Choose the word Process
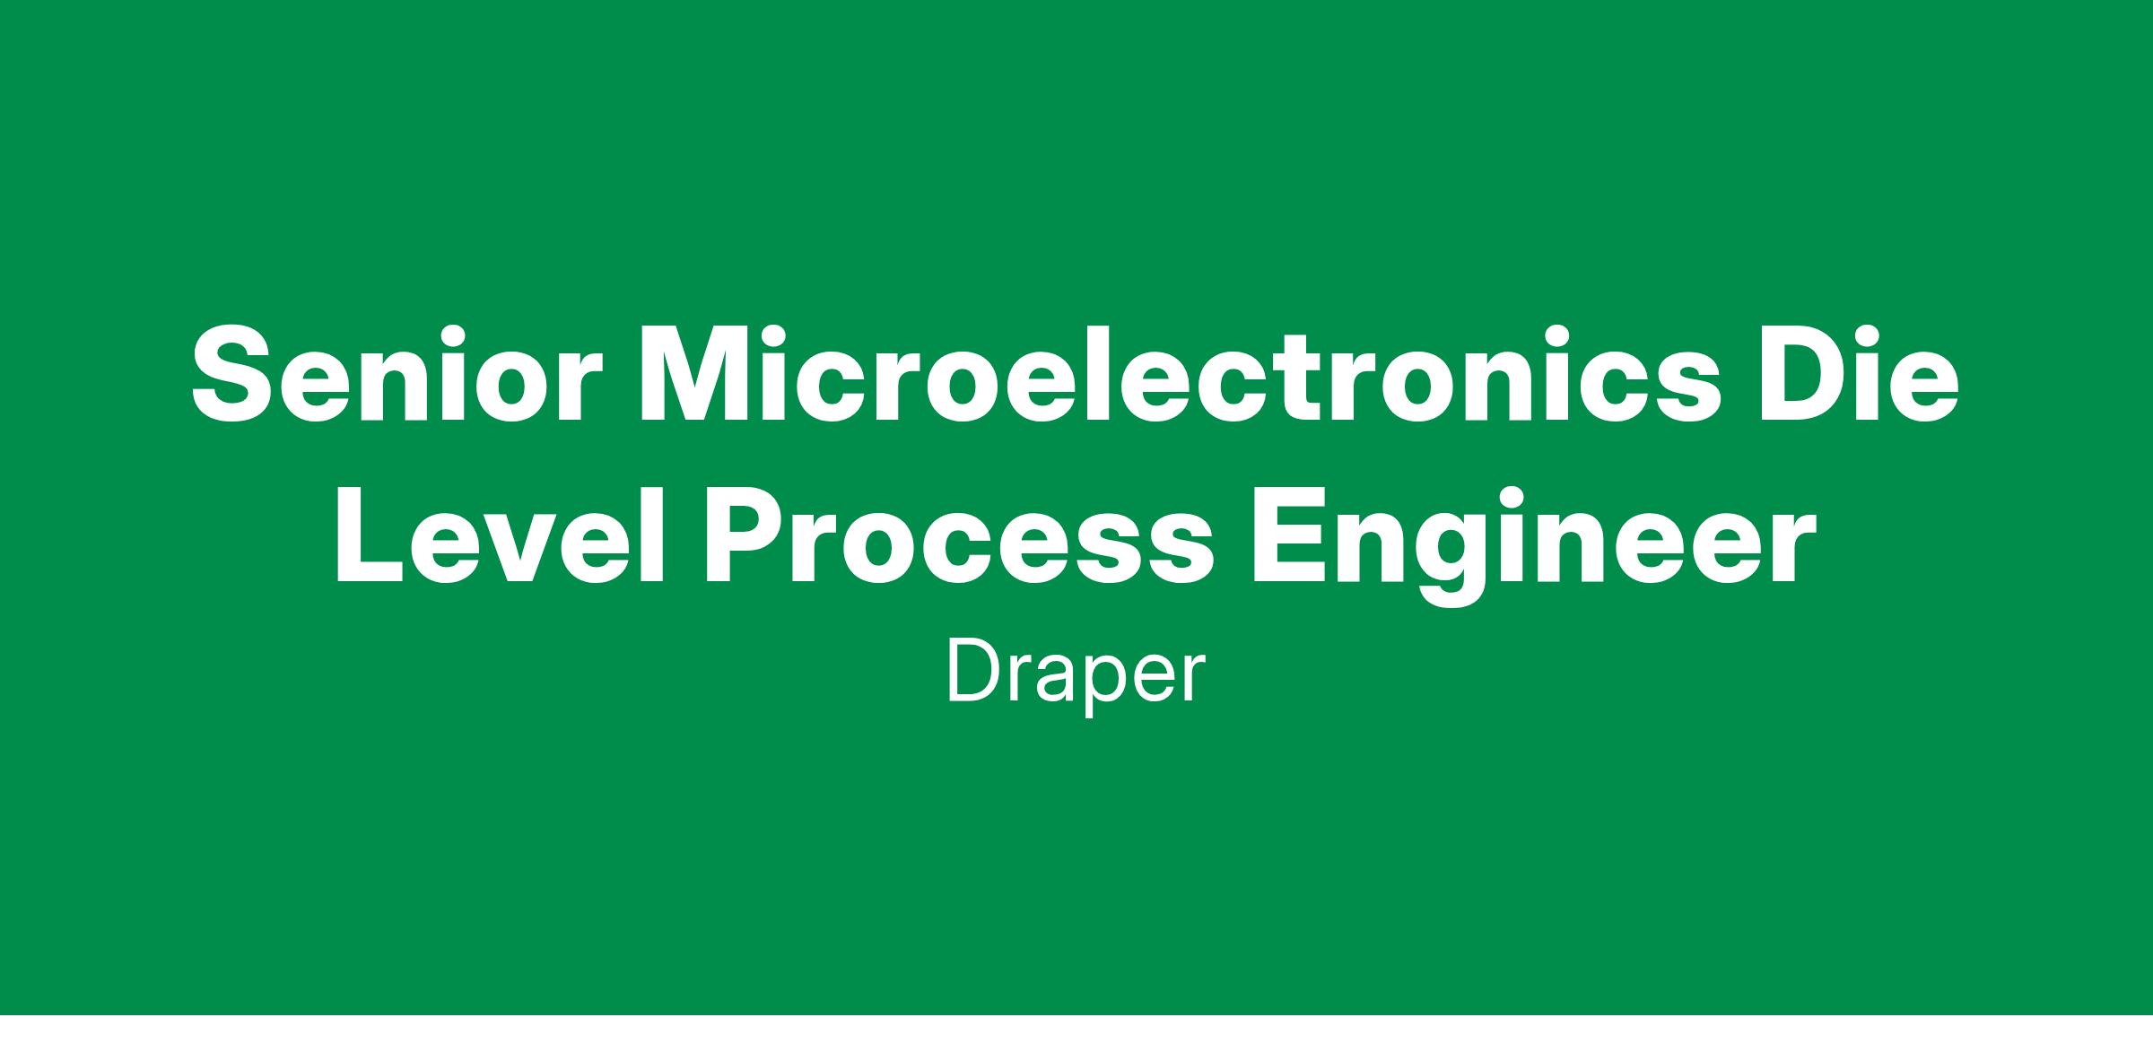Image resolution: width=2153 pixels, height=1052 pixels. (960, 535)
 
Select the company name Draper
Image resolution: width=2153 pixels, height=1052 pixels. (1076, 678)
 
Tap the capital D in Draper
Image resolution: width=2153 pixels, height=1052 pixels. (976, 673)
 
